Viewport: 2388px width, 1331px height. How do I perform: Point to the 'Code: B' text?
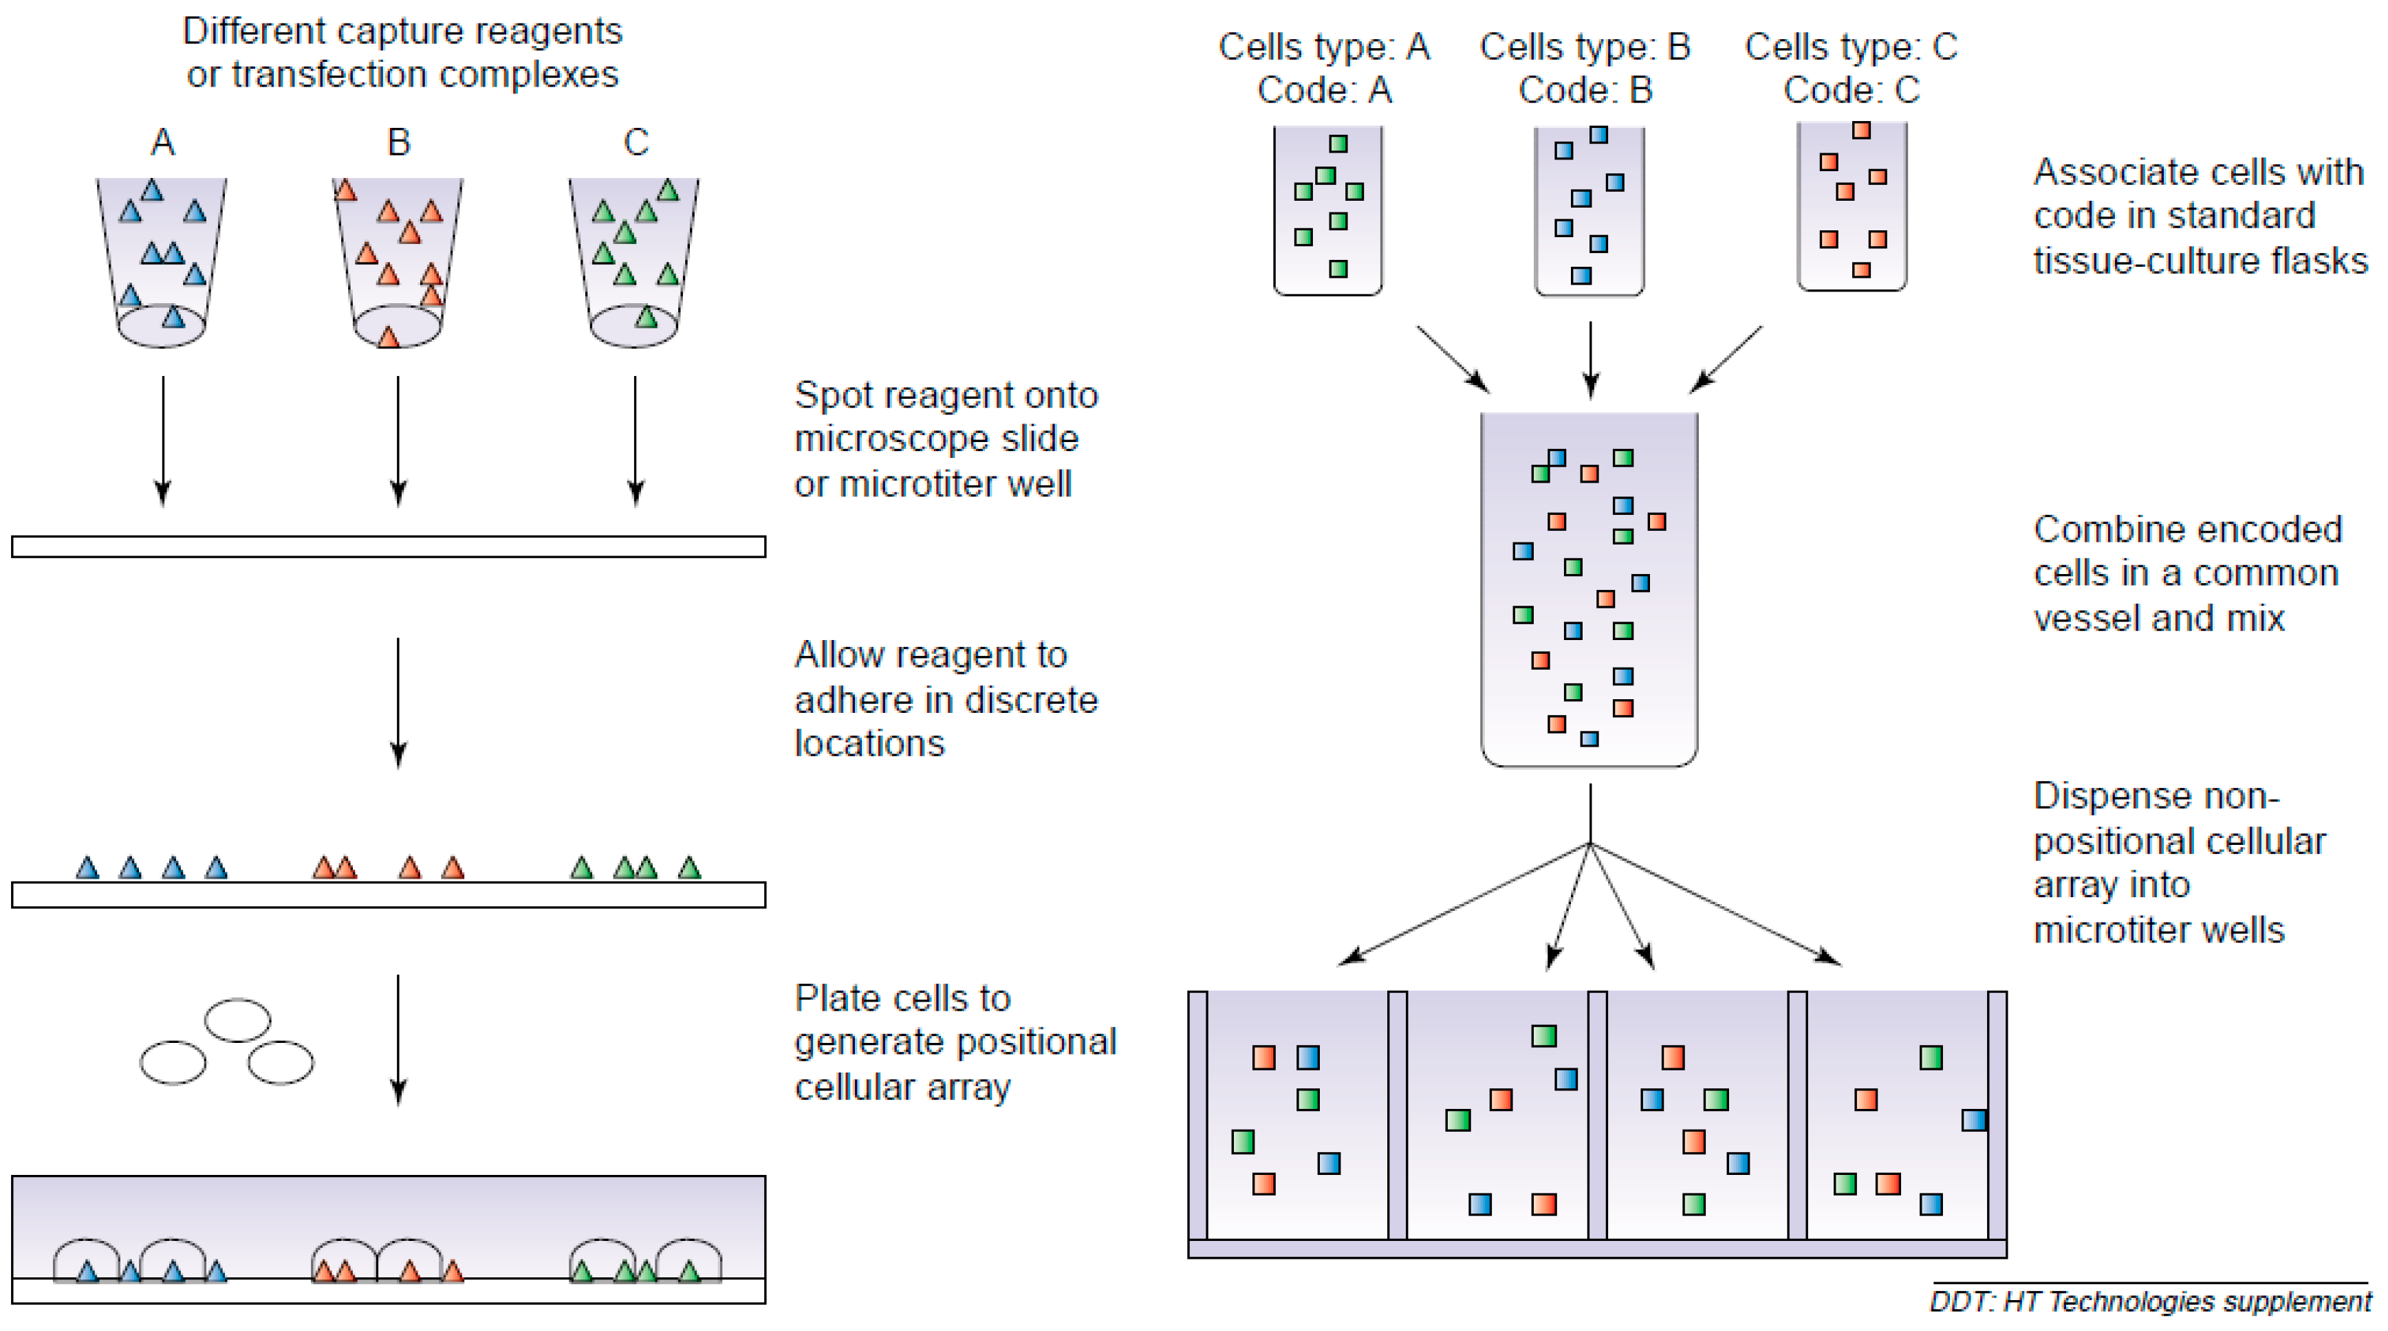click(x=1585, y=90)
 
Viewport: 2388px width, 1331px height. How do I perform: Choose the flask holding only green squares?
click(x=1327, y=210)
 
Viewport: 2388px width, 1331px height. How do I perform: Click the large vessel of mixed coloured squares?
click(x=1590, y=589)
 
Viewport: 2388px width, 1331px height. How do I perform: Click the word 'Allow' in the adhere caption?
click(x=839, y=655)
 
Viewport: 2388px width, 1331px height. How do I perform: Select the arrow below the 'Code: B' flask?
click(x=1591, y=360)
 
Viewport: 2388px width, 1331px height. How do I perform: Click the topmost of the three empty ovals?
click(x=237, y=1020)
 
